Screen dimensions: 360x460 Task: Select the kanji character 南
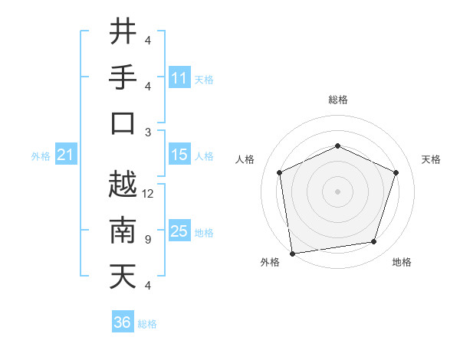point(123,231)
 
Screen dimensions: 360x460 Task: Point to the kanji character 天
point(123,276)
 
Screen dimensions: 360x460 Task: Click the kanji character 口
point(123,123)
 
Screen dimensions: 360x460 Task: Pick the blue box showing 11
point(179,78)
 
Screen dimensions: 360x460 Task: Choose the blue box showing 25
point(179,231)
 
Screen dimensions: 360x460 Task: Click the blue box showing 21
point(65,155)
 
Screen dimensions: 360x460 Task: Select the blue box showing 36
point(123,322)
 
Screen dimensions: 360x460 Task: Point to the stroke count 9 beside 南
point(148,240)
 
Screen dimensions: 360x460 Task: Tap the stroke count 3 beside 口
point(148,132)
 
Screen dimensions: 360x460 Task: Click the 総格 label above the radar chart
point(337,100)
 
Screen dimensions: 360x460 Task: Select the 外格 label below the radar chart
point(270,263)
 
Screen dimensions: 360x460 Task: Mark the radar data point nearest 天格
point(396,172)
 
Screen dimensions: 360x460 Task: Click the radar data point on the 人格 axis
point(279,172)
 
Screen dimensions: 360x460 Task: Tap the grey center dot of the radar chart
point(337,191)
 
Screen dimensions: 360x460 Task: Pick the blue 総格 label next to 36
point(148,324)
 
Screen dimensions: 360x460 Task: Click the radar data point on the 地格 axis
point(373,241)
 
